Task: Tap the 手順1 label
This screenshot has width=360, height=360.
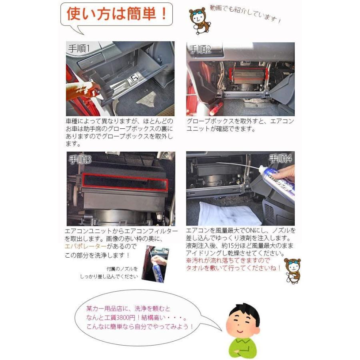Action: click(79, 49)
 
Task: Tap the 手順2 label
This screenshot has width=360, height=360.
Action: click(200, 50)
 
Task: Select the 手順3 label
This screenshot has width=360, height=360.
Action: click(80, 160)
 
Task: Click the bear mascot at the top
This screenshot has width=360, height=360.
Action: click(198, 20)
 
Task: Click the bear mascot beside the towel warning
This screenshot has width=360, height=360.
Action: click(292, 270)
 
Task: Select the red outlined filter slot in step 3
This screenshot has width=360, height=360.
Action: click(125, 182)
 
